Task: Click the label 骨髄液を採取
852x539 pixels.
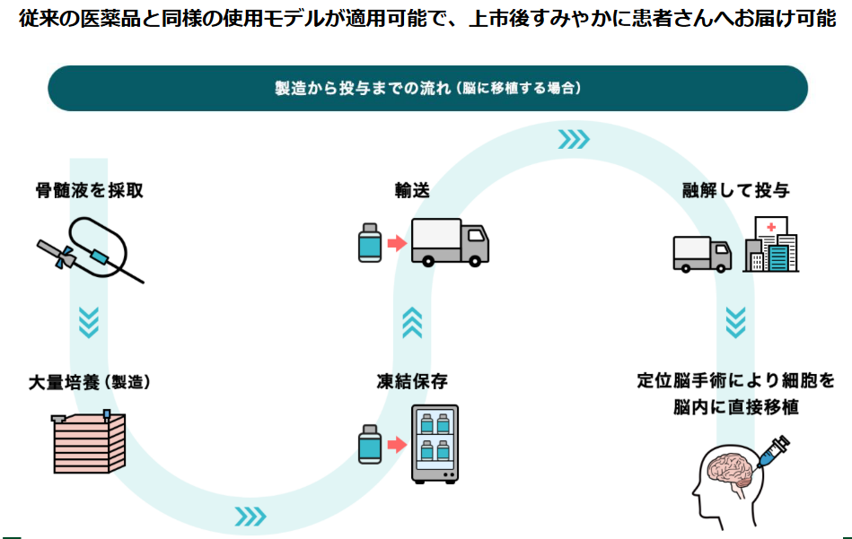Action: [89, 191]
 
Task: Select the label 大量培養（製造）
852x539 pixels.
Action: [89, 381]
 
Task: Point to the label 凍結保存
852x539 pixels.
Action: [412, 381]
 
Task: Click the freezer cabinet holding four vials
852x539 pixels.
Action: [434, 444]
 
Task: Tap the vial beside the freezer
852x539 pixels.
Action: [368, 444]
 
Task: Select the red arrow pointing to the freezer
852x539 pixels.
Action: [395, 444]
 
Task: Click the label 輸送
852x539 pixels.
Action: [412, 191]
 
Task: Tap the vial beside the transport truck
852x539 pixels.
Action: [368, 242]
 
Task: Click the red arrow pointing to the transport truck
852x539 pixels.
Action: [395, 242]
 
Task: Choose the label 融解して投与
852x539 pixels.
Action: [735, 191]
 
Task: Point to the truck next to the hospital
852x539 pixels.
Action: [702, 253]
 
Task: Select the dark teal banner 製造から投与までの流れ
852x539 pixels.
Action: [427, 88]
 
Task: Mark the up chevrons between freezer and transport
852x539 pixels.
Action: [412, 322]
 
